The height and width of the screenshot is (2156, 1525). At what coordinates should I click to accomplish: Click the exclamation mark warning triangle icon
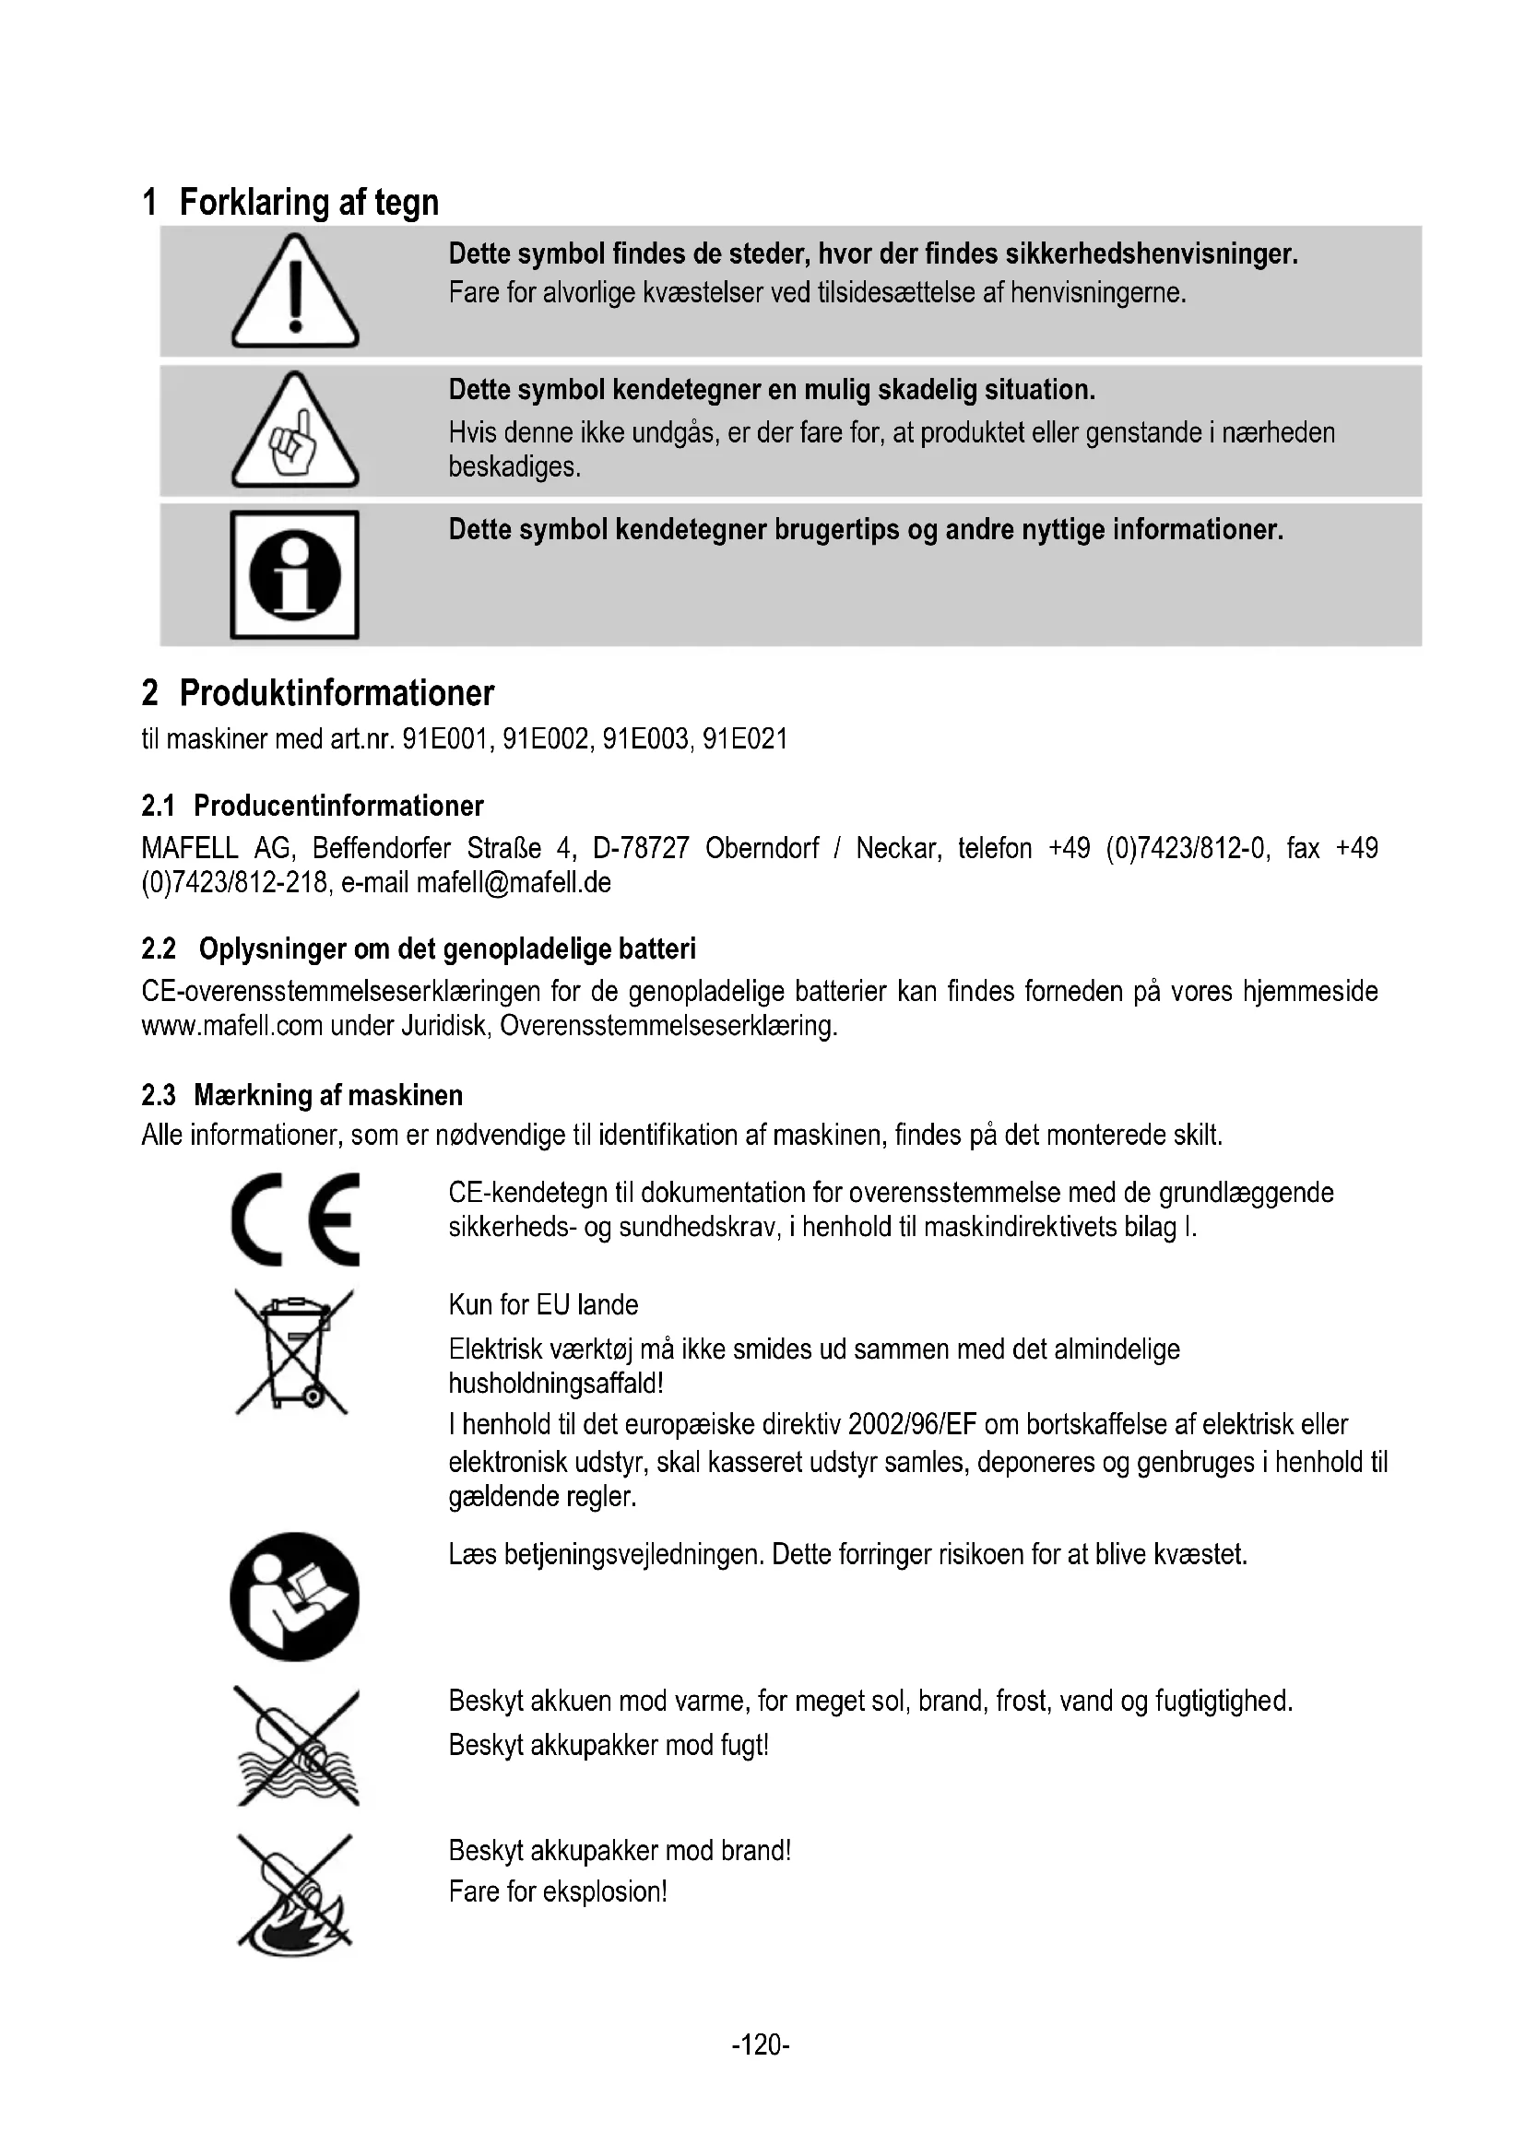point(295,293)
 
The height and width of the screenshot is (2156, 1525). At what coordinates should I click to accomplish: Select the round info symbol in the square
point(295,574)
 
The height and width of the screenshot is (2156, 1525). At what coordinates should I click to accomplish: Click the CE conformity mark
point(295,1219)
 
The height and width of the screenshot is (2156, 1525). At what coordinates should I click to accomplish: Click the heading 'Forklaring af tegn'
point(308,203)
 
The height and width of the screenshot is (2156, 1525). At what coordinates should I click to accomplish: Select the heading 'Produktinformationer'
point(337,693)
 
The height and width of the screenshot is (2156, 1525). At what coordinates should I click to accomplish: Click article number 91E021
point(746,740)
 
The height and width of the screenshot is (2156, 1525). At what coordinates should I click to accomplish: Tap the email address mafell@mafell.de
point(514,883)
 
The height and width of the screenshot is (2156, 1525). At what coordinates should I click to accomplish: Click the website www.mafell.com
point(232,1025)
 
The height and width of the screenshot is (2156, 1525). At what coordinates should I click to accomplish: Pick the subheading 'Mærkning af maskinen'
point(327,1095)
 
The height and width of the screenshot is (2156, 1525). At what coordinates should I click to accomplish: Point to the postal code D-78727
point(641,849)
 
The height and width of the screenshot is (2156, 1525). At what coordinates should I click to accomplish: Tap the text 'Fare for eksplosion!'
point(558,1891)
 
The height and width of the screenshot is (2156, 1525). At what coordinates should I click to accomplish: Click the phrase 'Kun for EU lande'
point(543,1304)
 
